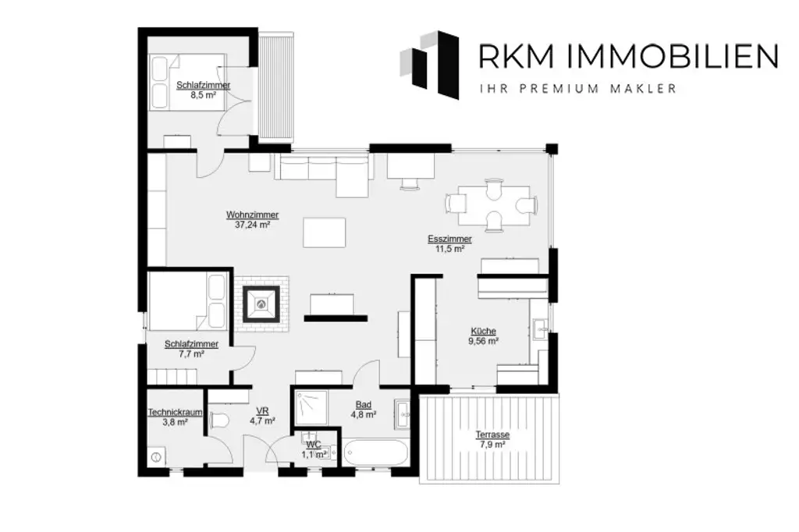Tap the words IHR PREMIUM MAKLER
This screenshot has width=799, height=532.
[577, 89]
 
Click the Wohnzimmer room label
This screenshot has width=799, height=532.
[253, 219]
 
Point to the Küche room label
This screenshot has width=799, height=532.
[484, 335]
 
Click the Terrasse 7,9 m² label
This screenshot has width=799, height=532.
[492, 439]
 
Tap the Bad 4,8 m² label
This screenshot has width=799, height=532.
[363, 410]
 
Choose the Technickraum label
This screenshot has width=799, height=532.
[176, 417]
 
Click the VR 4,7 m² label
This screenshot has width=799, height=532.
[262, 416]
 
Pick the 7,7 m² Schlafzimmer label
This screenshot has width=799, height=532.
[191, 348]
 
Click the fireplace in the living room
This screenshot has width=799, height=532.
[261, 304]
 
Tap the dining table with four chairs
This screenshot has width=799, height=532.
[492, 204]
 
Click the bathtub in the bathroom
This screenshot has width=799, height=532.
[375, 453]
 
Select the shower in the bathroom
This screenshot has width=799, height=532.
[311, 405]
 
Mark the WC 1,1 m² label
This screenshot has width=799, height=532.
[313, 449]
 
